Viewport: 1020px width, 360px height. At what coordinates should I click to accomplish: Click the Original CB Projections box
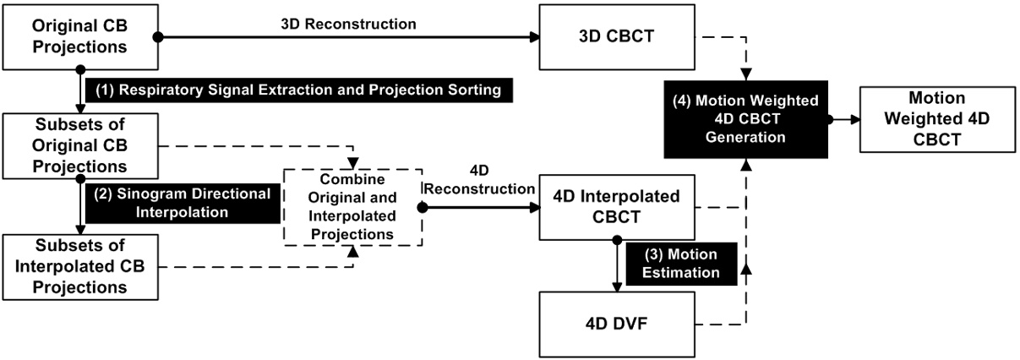point(80,37)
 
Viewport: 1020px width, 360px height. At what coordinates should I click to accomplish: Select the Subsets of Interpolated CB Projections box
point(80,266)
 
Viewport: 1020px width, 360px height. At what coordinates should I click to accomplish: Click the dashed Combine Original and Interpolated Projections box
point(351,207)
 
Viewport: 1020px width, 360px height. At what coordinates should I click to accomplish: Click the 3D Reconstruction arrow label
point(348,25)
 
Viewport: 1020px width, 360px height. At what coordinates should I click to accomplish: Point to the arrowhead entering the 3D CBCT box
point(535,37)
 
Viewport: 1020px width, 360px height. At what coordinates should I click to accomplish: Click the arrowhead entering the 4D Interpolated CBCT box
point(535,207)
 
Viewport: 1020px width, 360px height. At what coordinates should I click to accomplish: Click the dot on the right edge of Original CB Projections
point(158,37)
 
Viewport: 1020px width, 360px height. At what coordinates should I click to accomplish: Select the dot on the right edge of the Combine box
point(423,207)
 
